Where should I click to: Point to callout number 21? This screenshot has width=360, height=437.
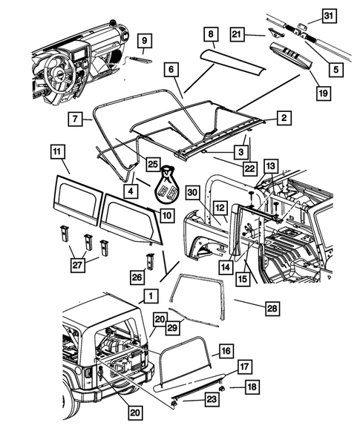[236, 33]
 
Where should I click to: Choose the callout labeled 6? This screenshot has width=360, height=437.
[171, 68]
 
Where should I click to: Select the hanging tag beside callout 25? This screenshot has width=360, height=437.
[169, 188]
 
